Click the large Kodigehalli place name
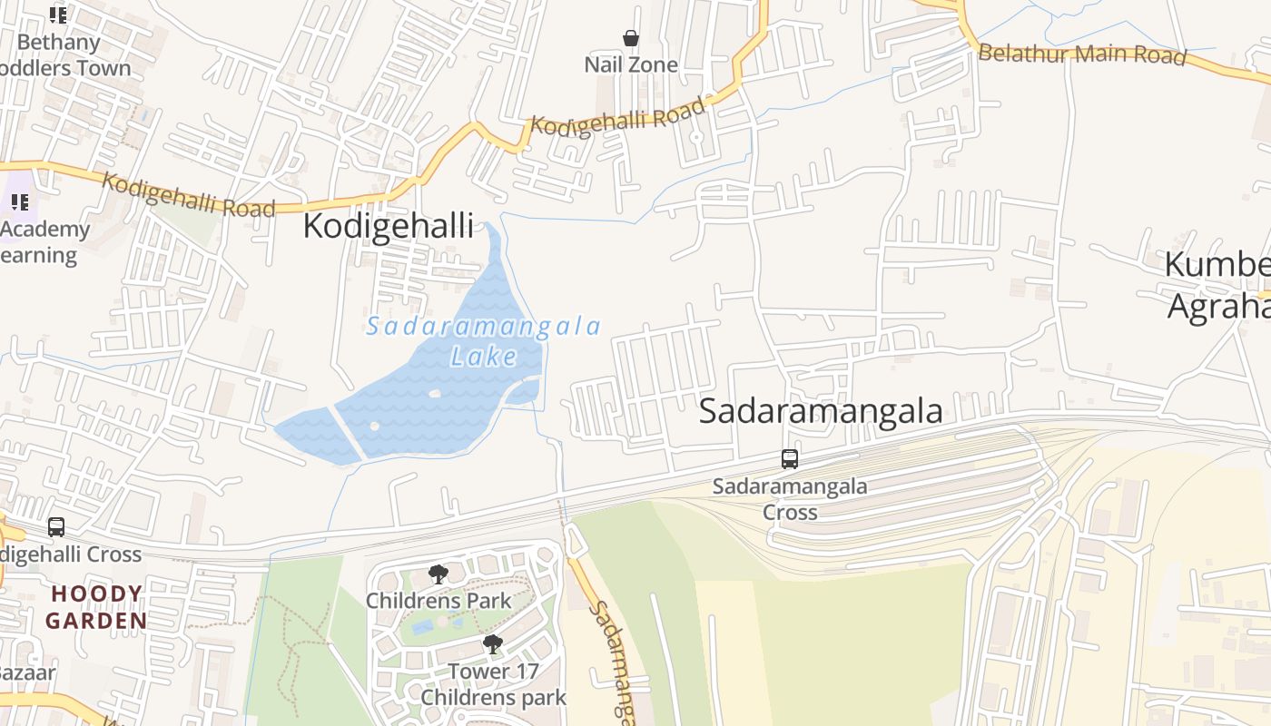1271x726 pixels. [388, 226]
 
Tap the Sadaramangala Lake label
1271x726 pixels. [483, 340]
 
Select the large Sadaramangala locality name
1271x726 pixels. [821, 411]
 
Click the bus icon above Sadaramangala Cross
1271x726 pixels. [790, 459]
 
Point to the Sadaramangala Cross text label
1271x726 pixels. [789, 499]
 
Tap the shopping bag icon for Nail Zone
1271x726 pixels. [631, 38]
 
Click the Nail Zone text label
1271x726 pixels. [631, 64]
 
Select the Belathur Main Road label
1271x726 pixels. [1081, 54]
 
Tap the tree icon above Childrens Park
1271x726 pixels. [438, 574]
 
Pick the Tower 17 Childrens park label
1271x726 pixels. [493, 684]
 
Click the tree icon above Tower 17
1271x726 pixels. [493, 644]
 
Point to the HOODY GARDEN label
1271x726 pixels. [96, 607]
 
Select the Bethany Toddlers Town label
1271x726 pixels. [64, 54]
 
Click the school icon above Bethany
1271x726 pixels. [58, 15]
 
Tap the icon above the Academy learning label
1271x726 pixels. [20, 201]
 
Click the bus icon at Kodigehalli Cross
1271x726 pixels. [56, 526]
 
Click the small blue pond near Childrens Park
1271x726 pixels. [422, 626]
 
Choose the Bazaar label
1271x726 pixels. [27, 672]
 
